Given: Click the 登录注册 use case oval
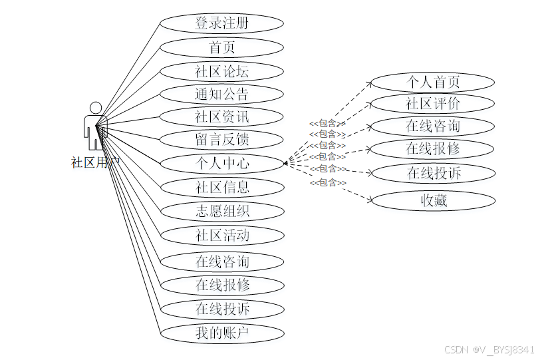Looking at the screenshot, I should (x=222, y=23).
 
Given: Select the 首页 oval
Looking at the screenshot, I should (x=222, y=47).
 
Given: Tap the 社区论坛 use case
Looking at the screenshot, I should (x=222, y=71).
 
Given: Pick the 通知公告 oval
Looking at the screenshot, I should (x=222, y=94).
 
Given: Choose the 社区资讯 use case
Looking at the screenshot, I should (x=222, y=117).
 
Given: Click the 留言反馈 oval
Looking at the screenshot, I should (x=222, y=140).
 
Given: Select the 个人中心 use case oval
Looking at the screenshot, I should (x=222, y=163).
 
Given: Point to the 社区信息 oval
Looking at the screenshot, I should (x=222, y=187).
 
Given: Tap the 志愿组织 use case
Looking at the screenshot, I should (x=222, y=212).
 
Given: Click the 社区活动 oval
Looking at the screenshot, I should (x=222, y=235).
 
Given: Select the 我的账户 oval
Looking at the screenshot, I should (x=222, y=333).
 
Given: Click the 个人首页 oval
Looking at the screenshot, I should (x=433, y=83).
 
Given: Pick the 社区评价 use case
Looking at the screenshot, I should (x=433, y=104).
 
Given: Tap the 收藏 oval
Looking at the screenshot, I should (x=433, y=200).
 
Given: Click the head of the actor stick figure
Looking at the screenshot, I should (x=96, y=108).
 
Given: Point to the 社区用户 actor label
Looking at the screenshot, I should (x=96, y=162).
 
